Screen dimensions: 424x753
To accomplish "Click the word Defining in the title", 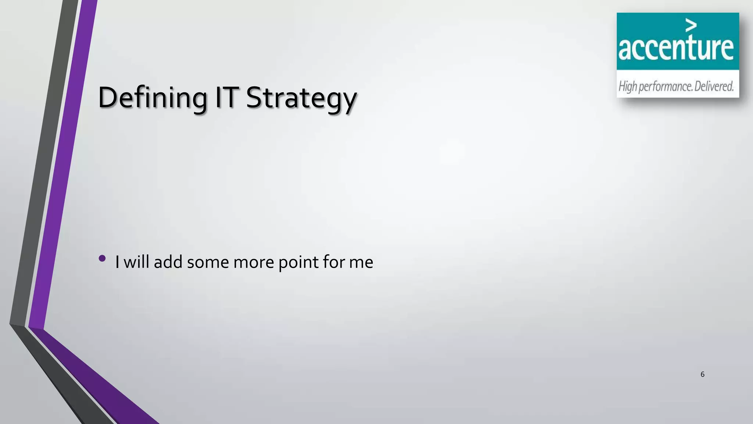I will (152, 98).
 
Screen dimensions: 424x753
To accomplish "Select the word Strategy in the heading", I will (301, 99).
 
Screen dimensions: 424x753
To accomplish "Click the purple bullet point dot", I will (102, 258).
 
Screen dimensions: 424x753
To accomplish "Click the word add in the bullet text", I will (168, 262).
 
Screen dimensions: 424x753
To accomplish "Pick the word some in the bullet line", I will (208, 262).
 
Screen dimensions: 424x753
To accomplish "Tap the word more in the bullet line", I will (254, 262).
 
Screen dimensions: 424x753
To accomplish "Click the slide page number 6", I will (702, 374).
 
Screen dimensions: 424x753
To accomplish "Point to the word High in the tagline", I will (628, 87).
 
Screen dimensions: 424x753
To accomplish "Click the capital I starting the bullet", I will (117, 262).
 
